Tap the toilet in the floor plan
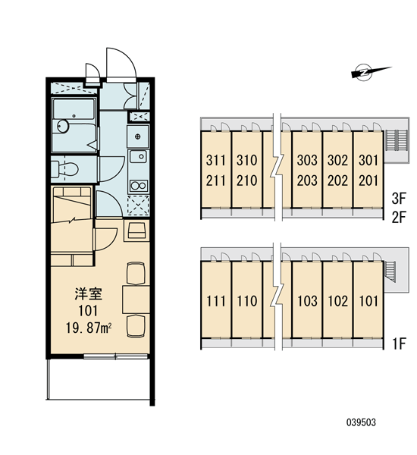(64, 169)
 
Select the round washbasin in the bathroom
(62, 126)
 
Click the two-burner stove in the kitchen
(139, 186)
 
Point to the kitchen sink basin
(139, 156)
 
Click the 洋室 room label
(89, 294)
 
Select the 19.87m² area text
(89, 328)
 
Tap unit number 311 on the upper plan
(215, 160)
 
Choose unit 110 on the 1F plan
(247, 301)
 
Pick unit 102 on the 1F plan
(338, 301)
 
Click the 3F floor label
(399, 199)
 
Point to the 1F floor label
(400, 344)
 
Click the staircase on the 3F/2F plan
(397, 140)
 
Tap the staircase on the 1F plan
(389, 271)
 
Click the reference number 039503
(362, 422)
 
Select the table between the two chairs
(136, 300)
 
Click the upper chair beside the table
(136, 273)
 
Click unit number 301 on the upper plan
(368, 160)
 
